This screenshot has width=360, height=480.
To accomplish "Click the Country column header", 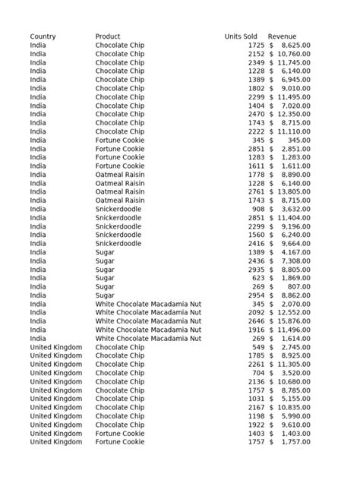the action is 43,36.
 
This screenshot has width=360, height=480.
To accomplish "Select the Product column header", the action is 108,36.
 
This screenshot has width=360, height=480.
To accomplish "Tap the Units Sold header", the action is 241,36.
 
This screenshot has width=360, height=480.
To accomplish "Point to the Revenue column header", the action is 282,36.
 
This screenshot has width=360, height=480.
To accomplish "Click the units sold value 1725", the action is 257,46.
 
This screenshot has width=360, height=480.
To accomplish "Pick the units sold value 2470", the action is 257,114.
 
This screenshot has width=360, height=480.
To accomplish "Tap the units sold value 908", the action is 258,209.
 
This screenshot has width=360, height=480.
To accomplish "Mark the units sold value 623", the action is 258,278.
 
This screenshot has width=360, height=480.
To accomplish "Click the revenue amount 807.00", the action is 298,287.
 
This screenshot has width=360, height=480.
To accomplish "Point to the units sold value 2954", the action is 257,295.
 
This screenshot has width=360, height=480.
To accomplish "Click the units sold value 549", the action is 258,347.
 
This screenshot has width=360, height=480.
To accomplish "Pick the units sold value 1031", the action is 257,399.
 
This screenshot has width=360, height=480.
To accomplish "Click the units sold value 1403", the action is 257,433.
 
